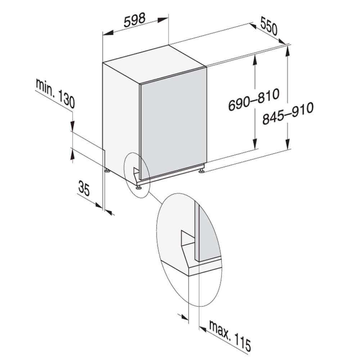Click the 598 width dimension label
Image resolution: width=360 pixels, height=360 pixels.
tap(135, 20)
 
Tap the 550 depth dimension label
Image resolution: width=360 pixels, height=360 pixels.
tap(269, 27)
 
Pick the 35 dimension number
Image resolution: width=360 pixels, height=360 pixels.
tap(84, 188)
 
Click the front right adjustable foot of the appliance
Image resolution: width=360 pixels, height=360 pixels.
tap(201, 171)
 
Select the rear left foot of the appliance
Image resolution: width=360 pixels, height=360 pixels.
tap(107, 171)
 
